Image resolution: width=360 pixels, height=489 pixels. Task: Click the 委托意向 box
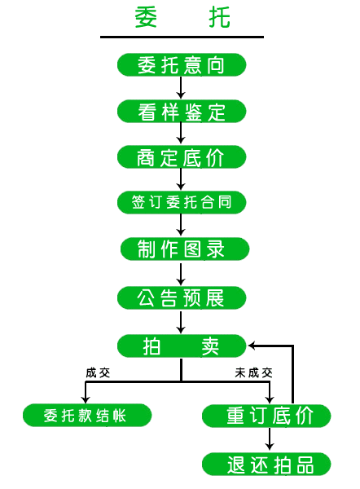click(x=182, y=65)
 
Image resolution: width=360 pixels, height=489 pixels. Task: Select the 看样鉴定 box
click(x=182, y=112)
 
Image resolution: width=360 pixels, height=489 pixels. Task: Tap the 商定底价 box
click(x=182, y=157)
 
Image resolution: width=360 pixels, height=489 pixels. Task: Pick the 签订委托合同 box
click(x=182, y=202)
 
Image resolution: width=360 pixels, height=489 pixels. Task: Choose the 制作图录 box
click(x=185, y=249)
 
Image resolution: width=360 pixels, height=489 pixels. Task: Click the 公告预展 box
click(x=182, y=297)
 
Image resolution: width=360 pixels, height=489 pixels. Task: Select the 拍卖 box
click(x=182, y=346)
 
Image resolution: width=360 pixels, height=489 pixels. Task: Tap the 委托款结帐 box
click(x=87, y=416)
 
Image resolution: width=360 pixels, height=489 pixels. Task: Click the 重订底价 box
click(x=266, y=416)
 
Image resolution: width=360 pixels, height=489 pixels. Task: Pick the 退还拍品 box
click(x=266, y=465)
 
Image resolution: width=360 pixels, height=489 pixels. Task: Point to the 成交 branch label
click(x=98, y=372)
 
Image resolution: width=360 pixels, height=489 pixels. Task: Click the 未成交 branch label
click(x=254, y=372)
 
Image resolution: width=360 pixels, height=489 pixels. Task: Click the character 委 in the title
click(x=146, y=17)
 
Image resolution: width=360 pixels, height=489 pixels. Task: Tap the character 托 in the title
click(x=219, y=17)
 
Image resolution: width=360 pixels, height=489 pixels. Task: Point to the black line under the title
click(x=182, y=37)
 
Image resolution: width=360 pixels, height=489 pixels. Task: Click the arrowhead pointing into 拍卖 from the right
click(x=252, y=346)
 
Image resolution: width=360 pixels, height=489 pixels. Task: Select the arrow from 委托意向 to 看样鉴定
click(x=181, y=88)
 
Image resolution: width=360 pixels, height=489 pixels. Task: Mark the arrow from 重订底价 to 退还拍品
click(x=270, y=439)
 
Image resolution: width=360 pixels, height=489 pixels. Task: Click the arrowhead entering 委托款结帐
click(x=86, y=400)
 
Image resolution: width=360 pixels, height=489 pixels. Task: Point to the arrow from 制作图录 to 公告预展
click(x=181, y=275)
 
